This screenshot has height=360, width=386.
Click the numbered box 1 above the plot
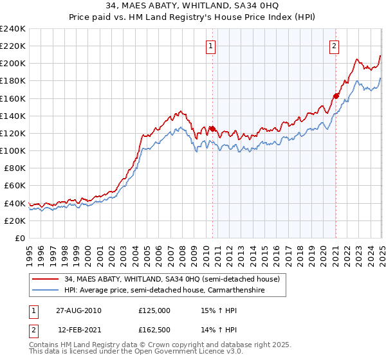pos(212,45)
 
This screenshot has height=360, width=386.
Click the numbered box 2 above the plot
pos(335,45)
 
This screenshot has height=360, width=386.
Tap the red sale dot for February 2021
pos(336,96)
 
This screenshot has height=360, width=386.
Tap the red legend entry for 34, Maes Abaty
pos(171,280)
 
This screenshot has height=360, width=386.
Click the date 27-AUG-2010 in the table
pos(79,310)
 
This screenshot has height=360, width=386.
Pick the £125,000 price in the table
pos(154,310)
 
